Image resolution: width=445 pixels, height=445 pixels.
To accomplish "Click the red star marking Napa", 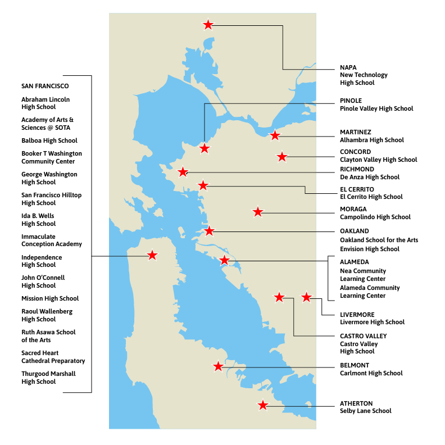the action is coord(208,25).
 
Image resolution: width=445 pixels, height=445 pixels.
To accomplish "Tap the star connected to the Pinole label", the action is coord(205,148).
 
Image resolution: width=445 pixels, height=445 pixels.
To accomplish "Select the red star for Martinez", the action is coord(275,135).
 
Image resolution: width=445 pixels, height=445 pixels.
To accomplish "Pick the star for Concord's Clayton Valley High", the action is coord(282,157).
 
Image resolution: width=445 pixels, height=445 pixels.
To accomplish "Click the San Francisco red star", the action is coord(152,256).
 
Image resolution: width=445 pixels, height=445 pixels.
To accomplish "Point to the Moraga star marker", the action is coord(257,212).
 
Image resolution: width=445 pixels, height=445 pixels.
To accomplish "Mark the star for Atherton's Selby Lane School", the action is coord(262,405).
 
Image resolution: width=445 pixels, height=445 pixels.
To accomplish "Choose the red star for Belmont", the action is coord(218,366).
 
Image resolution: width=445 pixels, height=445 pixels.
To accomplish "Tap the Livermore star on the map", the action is coord(306,297).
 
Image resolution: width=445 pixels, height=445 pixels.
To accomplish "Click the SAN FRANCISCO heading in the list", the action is coord(45,87).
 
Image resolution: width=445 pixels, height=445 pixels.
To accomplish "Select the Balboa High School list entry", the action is coord(49,140).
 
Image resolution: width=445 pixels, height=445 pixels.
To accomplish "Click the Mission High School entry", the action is coord(50,298).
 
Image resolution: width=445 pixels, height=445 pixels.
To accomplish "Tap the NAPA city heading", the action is coord(348,67).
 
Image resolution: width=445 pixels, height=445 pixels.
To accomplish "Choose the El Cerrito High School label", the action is coord(371,197).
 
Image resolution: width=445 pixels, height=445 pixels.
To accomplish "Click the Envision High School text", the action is coord(370,249).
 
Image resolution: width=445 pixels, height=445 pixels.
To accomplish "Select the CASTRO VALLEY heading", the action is coord(364,336).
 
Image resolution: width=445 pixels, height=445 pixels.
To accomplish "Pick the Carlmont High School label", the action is coord(371,373).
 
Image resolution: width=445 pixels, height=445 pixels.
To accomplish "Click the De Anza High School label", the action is coord(370,177).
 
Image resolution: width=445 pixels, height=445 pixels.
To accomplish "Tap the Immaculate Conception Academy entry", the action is coord(52,240).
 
